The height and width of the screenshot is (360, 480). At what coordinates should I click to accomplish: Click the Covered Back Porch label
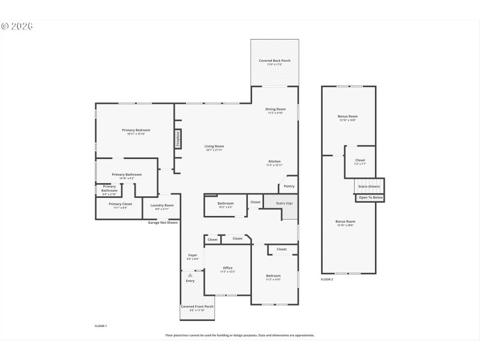pyautogui.click(x=274, y=61)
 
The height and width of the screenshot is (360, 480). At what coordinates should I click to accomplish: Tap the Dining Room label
pyautogui.click(x=275, y=109)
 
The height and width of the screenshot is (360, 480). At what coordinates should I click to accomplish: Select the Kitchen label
pyautogui.click(x=274, y=161)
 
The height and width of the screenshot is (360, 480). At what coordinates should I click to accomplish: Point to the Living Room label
pyautogui.click(x=214, y=146)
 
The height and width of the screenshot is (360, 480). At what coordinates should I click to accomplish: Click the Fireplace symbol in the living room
pyautogui.click(x=178, y=139)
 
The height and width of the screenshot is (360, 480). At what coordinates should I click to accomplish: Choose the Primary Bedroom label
pyautogui.click(x=136, y=130)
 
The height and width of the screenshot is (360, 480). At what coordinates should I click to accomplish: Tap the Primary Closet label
pyautogui.click(x=120, y=204)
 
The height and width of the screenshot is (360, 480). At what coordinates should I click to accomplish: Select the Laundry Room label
pyautogui.click(x=160, y=206)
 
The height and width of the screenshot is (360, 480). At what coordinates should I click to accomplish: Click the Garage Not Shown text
pyautogui.click(x=163, y=223)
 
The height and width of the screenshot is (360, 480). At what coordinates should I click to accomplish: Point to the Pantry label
pyautogui.click(x=289, y=186)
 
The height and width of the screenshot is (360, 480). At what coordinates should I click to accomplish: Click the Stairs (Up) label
pyautogui.click(x=284, y=204)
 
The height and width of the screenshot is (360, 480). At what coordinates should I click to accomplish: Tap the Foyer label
pyautogui.click(x=193, y=256)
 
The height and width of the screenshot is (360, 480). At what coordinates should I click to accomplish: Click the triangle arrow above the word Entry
pyautogui.click(x=190, y=275)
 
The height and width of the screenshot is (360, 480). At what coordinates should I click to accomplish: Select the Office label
pyautogui.click(x=227, y=268)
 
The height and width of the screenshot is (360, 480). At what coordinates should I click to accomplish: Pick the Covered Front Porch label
pyautogui.click(x=197, y=307)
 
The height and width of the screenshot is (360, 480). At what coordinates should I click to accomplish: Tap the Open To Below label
pyautogui.click(x=370, y=197)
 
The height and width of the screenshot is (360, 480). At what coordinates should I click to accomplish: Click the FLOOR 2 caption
pyautogui.click(x=326, y=280)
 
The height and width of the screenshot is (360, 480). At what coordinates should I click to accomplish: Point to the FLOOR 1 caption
pyautogui.click(x=101, y=326)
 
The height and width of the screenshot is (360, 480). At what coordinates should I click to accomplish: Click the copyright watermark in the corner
pyautogui.click(x=17, y=26)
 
